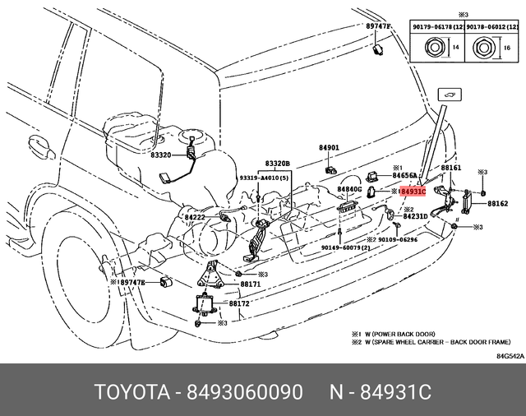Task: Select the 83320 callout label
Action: tap(160, 155)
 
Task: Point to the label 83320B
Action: tap(278, 164)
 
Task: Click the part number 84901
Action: tap(329, 149)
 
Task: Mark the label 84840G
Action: tap(349, 189)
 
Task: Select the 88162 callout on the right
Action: tap(497, 203)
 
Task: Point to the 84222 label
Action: tap(196, 218)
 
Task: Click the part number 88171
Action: tap(250, 284)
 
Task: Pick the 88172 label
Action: tap(239, 303)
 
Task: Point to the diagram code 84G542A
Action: tap(509, 356)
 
